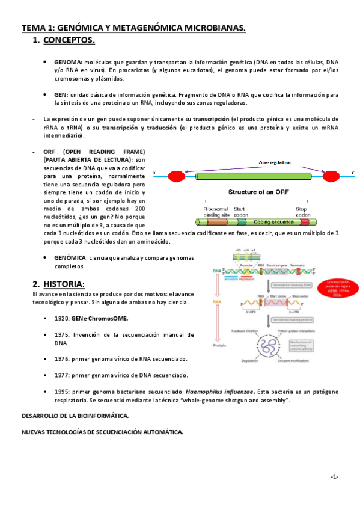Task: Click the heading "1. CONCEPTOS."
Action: pos(63,41)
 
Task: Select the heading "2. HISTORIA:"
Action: pos(59,284)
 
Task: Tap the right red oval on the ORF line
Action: pos(331,176)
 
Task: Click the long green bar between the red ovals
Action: pos(254,176)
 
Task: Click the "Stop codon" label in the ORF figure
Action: pos(301,211)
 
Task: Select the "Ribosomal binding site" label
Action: pos(215,211)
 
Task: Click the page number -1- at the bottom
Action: pos(334,477)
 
